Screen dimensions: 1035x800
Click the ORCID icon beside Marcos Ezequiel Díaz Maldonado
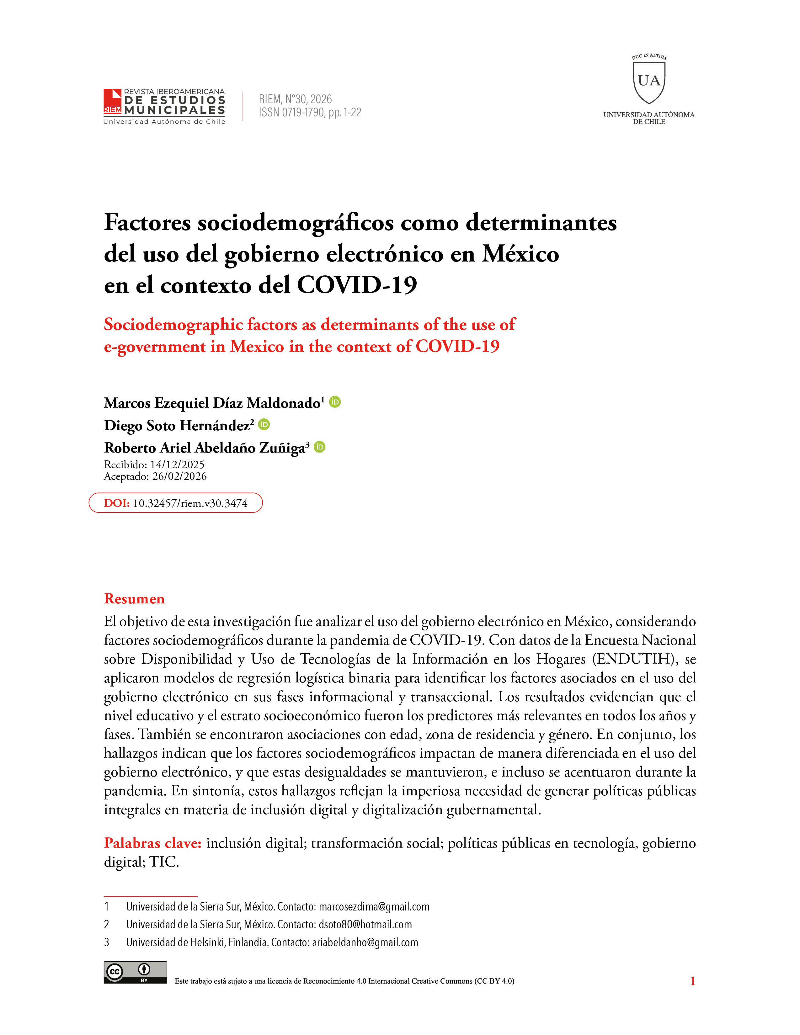335,402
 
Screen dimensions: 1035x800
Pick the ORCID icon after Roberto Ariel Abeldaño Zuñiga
320,447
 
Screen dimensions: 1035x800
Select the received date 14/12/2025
177,464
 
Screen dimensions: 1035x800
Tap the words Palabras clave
152,843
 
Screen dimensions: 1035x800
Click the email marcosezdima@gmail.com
374,907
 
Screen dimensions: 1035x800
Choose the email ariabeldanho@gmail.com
365,942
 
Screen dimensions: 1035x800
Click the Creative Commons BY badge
136,973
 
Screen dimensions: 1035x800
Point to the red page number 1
692,981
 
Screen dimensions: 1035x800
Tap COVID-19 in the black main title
357,285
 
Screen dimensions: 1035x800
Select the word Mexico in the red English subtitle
257,347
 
